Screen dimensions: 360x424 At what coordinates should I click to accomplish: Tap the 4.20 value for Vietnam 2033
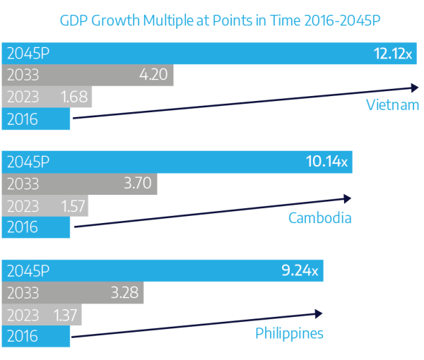[153, 75]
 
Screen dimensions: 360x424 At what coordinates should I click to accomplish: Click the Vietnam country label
[392, 106]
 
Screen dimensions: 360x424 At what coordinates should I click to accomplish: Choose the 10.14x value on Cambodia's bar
[326, 162]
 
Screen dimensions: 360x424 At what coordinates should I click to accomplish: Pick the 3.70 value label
[137, 184]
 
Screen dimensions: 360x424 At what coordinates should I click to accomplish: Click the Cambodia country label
[319, 217]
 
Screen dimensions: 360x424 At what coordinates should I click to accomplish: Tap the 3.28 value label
[124, 292]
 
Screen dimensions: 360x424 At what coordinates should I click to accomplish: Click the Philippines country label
[289, 332]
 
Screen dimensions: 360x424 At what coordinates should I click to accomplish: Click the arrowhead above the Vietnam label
[415, 88]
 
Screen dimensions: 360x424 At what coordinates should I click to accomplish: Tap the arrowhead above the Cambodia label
[346, 198]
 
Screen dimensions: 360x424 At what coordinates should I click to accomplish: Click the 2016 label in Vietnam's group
[22, 119]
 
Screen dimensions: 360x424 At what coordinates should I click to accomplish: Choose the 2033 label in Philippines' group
[23, 292]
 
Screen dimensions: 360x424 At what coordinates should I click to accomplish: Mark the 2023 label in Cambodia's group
[23, 206]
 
